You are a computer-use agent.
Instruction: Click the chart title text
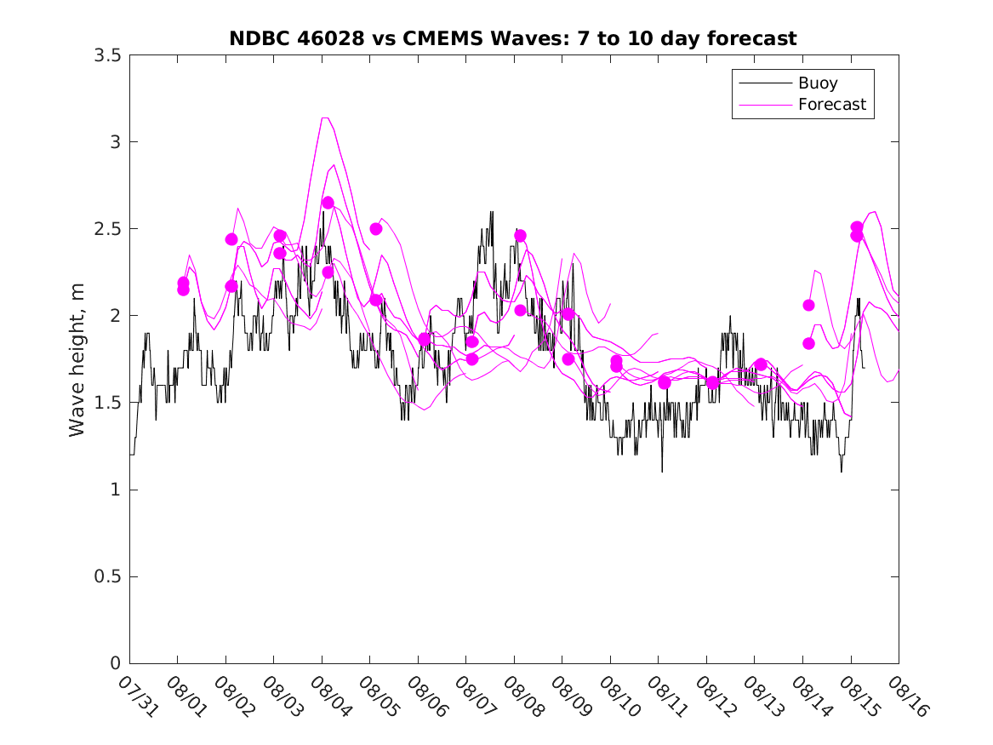[513, 38]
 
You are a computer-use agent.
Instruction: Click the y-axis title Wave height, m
[77, 359]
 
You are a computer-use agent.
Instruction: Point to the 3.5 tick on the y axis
[111, 54]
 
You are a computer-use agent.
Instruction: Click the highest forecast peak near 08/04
[324, 117]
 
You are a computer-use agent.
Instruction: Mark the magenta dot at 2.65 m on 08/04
[328, 203]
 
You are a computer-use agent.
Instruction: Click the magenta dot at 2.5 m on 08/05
[375, 228]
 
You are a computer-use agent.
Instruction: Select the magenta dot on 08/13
[761, 364]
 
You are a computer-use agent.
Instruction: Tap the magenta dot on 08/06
[424, 339]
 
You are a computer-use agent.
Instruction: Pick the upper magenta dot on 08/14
[808, 305]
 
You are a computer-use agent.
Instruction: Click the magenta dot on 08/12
[712, 382]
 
